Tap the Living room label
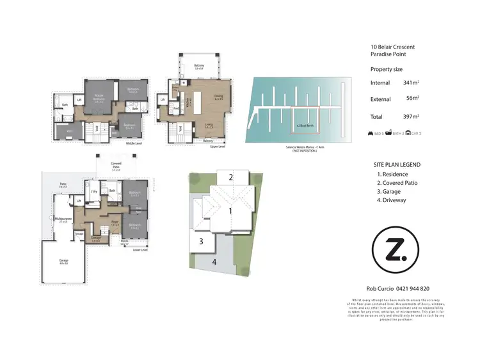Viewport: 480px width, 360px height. click(209, 126)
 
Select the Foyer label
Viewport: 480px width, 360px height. click(116, 224)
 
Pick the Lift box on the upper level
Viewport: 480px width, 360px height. click(163, 100)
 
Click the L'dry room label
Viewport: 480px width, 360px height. click(94, 191)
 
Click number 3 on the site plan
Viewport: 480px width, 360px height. click(201, 242)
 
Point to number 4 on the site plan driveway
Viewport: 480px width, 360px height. click(214, 262)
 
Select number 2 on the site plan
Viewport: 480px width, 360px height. click(230, 177)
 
